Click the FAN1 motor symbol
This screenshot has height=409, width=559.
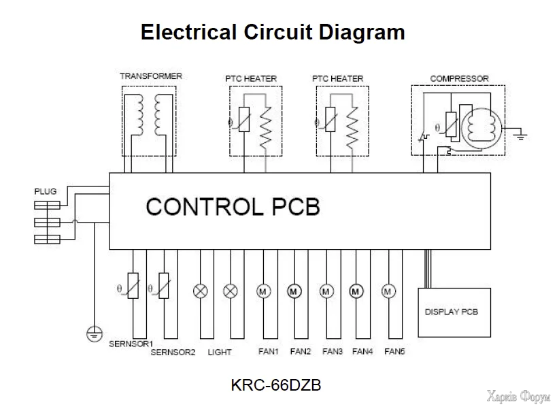point(262,291)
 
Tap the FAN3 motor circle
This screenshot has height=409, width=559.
point(326,291)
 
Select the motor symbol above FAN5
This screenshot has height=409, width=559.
point(388,291)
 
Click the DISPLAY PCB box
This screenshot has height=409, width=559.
point(452,312)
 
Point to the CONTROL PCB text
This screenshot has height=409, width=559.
point(233,207)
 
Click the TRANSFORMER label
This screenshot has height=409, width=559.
point(151,76)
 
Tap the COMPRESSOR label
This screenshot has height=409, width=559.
point(459,78)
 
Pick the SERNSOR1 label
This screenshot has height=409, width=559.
point(131,344)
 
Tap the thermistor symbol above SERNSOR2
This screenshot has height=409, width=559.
point(163,286)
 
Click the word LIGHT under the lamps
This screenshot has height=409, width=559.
point(220,353)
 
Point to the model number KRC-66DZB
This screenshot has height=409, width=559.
point(276,385)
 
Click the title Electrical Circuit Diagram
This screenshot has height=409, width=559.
point(273,32)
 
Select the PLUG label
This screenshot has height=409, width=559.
point(46,192)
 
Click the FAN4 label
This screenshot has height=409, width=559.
point(362,352)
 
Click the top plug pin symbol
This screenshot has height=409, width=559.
point(46,203)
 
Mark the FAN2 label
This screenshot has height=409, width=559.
point(301,352)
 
